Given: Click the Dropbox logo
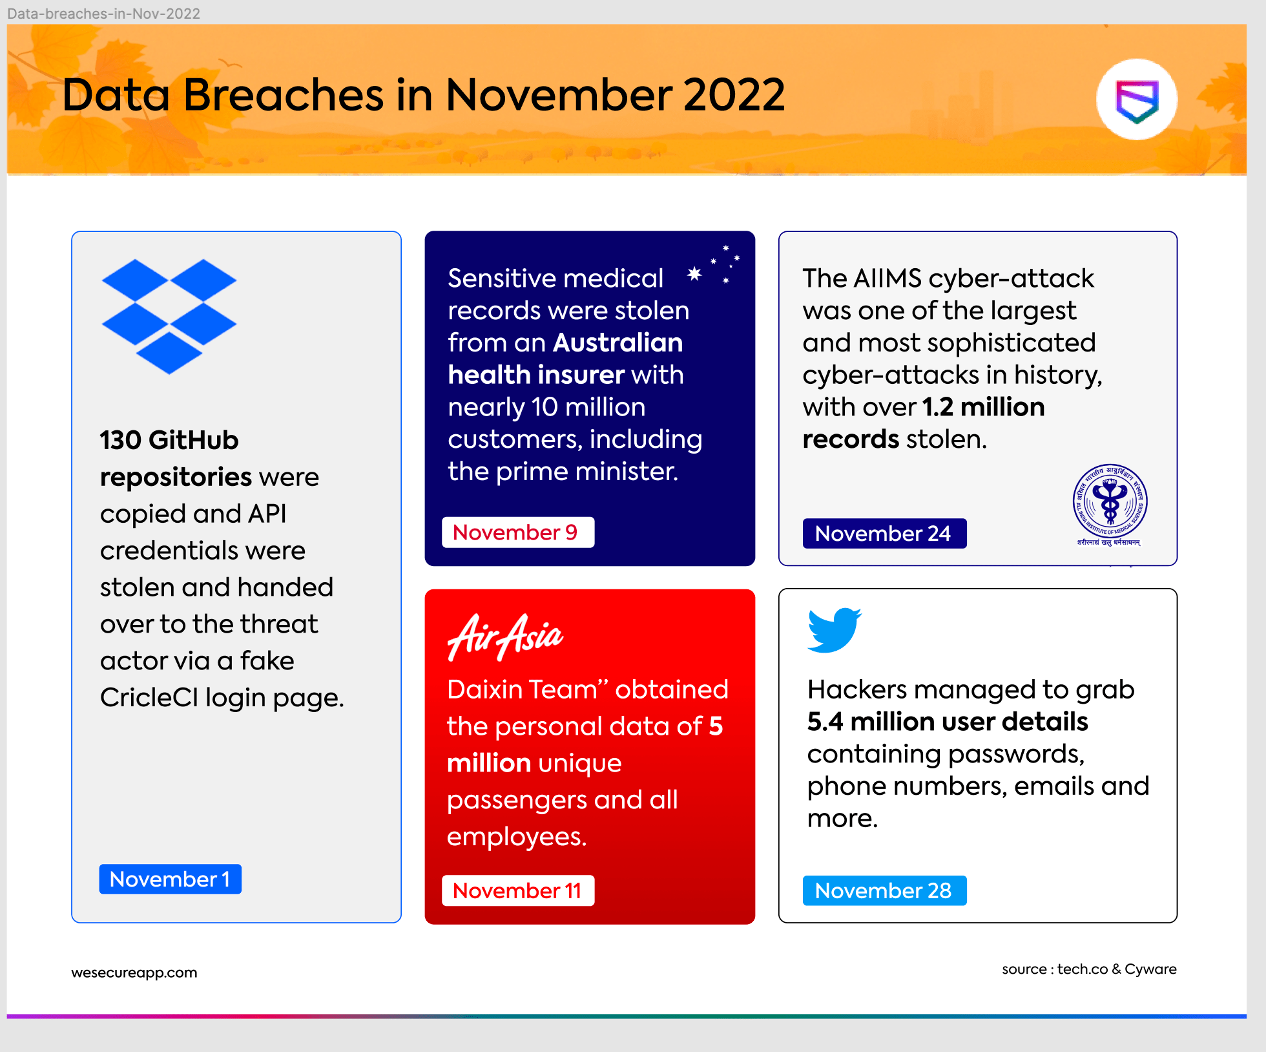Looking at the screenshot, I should pos(169,316).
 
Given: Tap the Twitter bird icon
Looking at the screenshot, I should pos(834,629).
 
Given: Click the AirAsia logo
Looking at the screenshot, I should pos(505,637).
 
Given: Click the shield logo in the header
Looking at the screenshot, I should pos(1137,100).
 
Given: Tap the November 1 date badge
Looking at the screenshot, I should pos(170,879).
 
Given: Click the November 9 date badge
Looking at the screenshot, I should pos(517,532).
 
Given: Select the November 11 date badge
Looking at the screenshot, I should pos(517,890).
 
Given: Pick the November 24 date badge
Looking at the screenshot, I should pos(884,534).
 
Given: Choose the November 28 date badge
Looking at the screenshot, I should pos(884,890).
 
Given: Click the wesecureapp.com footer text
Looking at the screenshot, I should pos(134,973).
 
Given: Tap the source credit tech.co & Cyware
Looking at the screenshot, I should pos(1116,969).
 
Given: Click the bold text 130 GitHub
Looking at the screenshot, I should pos(169,440).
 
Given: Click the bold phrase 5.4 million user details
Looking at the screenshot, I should pos(947,722).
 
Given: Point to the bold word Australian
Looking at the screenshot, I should pos(617,342).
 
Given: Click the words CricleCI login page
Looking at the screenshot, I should pos(222,698).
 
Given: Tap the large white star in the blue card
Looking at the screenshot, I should pos(694,273).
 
